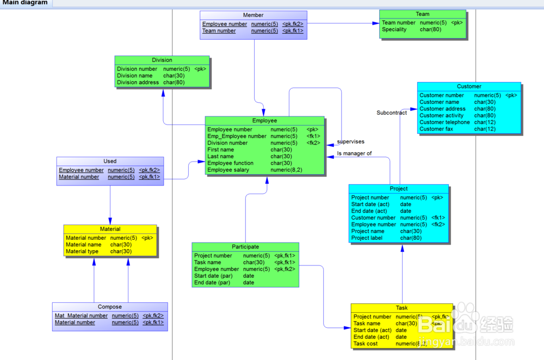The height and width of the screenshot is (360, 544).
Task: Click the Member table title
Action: tap(253, 15)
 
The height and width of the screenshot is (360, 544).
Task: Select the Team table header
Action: tap(422, 14)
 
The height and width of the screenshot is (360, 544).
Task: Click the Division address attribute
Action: tap(138, 83)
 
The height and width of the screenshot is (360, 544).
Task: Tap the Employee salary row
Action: tap(228, 170)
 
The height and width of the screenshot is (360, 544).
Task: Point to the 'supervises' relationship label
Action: tap(350, 142)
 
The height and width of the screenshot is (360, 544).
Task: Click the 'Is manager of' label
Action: tap(354, 153)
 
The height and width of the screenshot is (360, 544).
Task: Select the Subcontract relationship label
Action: tap(392, 113)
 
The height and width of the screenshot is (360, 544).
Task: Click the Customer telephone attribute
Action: tap(444, 122)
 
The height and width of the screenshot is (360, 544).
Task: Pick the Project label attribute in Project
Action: tap(368, 238)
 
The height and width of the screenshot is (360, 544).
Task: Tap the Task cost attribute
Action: tap(366, 344)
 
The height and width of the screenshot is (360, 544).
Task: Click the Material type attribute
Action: tap(82, 251)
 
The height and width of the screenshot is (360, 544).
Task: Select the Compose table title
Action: tap(110, 307)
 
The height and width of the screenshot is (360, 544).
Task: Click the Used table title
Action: tap(110, 161)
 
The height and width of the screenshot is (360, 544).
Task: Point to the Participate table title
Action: tap(245, 247)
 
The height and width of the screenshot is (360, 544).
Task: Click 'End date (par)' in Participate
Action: tap(213, 283)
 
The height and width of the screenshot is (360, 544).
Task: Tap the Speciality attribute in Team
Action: tap(394, 29)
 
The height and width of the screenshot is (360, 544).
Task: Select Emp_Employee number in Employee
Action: tap(237, 136)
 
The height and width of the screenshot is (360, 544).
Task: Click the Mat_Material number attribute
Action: tap(81, 316)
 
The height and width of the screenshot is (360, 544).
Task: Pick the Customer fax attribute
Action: tap(436, 129)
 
